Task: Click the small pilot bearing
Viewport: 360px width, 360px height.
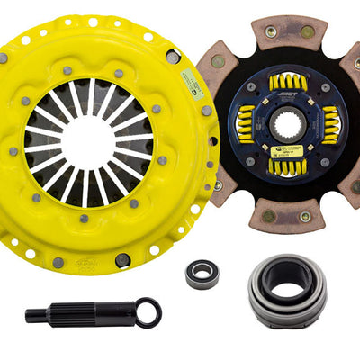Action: tap(202, 274)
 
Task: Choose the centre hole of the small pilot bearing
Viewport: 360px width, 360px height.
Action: tap(202, 274)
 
